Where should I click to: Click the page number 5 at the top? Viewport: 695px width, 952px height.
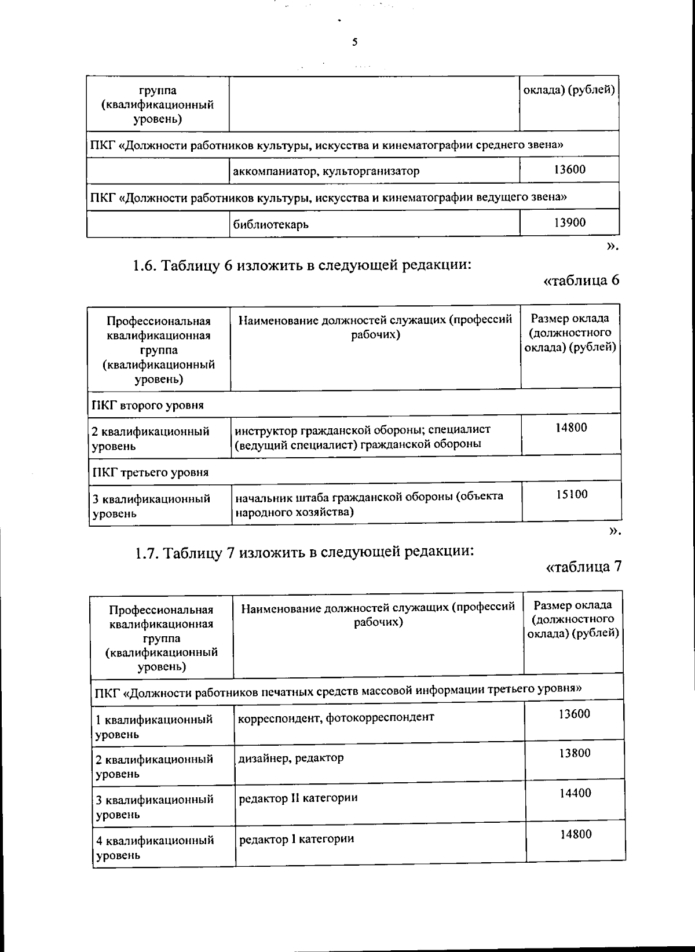pyautogui.click(x=354, y=42)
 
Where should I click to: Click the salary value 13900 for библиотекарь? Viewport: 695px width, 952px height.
pyautogui.click(x=569, y=223)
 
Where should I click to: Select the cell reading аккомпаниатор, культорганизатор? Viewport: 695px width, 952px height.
pyautogui.click(x=326, y=171)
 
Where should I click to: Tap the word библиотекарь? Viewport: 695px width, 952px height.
pyautogui.click(x=270, y=225)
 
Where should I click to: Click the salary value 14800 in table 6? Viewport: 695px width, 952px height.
pyautogui.click(x=570, y=428)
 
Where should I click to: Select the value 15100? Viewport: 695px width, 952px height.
pyautogui.click(x=571, y=494)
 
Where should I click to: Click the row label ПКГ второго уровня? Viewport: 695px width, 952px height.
pyautogui.click(x=148, y=405)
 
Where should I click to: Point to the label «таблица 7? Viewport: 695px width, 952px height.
pyautogui.click(x=583, y=567)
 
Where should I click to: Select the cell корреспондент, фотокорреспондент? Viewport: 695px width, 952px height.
pyautogui.click(x=336, y=717)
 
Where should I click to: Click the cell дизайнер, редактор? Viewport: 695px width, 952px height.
pyautogui.click(x=291, y=758)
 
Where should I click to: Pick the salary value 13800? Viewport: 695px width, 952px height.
pyautogui.click(x=574, y=753)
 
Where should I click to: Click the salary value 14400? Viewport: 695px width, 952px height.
pyautogui.click(x=575, y=793)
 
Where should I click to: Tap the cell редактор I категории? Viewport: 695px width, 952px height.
pyautogui.click(x=297, y=839)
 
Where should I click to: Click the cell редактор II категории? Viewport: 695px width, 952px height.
pyautogui.click(x=298, y=798)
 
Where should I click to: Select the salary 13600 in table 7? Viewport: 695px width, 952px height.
pyautogui.click(x=574, y=714)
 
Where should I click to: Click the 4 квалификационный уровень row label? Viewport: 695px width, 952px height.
pyautogui.click(x=154, y=847)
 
